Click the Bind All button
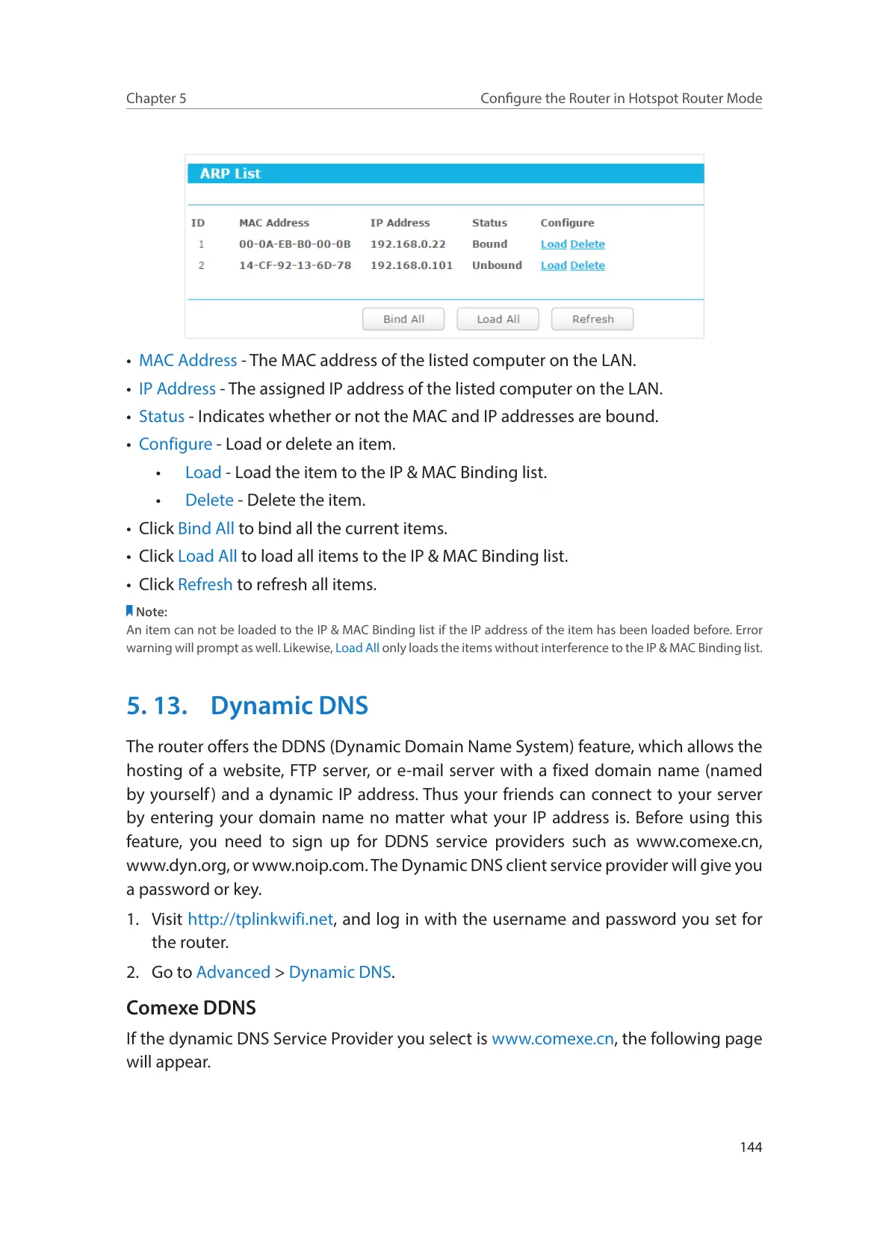pyautogui.click(x=403, y=319)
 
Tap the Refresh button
pyautogui.click(x=592, y=319)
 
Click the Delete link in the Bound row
pyautogui.click(x=587, y=244)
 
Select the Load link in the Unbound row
pyautogui.click(x=554, y=265)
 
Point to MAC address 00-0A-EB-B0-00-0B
pyautogui.click(x=294, y=244)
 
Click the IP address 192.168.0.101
pyautogui.click(x=411, y=265)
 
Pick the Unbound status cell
pyautogui.click(x=497, y=265)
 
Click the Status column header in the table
pyautogui.click(x=489, y=223)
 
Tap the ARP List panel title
pyautogui.click(x=230, y=173)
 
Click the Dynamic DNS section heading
pyautogui.click(x=289, y=706)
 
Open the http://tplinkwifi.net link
pyautogui.click(x=260, y=919)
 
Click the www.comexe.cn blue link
pyautogui.click(x=553, y=1038)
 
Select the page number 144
pyautogui.click(x=751, y=1147)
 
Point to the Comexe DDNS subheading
pyautogui.click(x=191, y=1008)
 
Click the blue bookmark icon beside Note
pyautogui.click(x=129, y=611)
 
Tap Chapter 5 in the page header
pyautogui.click(x=156, y=99)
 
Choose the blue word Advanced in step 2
pyautogui.click(x=233, y=972)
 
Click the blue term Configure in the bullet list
pyautogui.click(x=176, y=444)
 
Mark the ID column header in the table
pyautogui.click(x=198, y=223)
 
